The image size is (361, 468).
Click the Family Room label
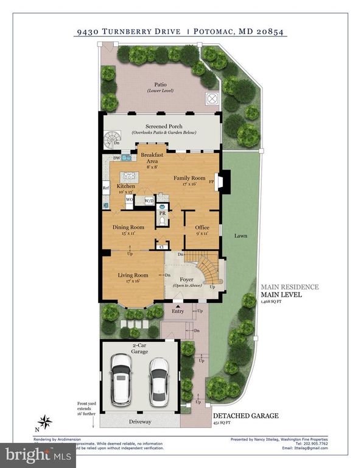click(188, 178)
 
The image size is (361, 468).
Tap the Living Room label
click(133, 275)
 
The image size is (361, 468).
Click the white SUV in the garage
click(121, 381)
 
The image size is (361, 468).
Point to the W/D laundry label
click(149, 199)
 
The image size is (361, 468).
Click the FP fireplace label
click(211, 182)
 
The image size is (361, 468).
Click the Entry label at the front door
click(177, 311)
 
